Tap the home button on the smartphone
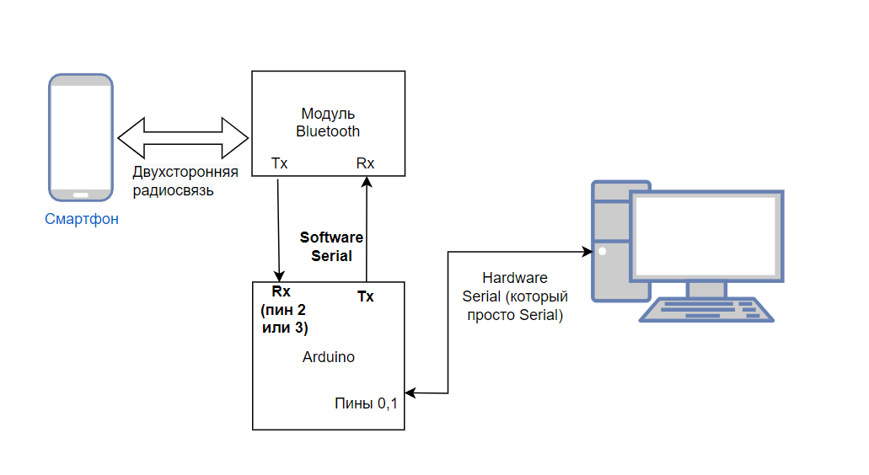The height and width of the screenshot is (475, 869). [x=81, y=195]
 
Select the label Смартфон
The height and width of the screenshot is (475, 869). [x=82, y=220]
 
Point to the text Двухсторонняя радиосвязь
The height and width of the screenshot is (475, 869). [x=185, y=181]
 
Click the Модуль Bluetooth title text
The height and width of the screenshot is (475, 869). [x=328, y=122]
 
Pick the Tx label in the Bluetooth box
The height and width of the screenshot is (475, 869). [x=279, y=163]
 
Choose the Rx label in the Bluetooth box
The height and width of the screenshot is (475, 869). [x=365, y=163]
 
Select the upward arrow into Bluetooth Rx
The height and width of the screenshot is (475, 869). [x=366, y=227]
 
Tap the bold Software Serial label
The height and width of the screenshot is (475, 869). [x=331, y=247]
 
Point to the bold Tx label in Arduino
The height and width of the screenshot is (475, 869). [x=366, y=296]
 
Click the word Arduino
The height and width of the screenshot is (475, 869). [x=329, y=357]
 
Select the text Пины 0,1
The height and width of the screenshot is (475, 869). [x=366, y=403]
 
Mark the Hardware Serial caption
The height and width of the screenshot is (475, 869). [x=514, y=296]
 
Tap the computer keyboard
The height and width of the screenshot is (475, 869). [x=705, y=310]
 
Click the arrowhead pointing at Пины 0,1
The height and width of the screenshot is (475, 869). [x=410, y=392]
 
